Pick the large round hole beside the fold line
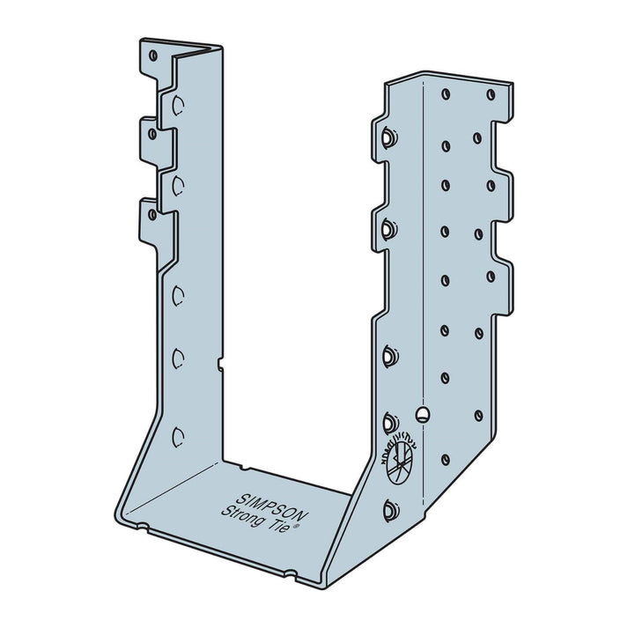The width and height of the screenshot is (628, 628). coord(424,413)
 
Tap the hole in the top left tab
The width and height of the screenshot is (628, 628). coord(153,55)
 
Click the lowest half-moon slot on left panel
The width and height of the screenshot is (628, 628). coord(179,435)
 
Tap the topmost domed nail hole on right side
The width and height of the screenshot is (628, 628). coord(388,137)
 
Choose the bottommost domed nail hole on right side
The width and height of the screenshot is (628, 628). coord(388,509)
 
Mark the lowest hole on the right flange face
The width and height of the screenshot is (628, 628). coord(446,460)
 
